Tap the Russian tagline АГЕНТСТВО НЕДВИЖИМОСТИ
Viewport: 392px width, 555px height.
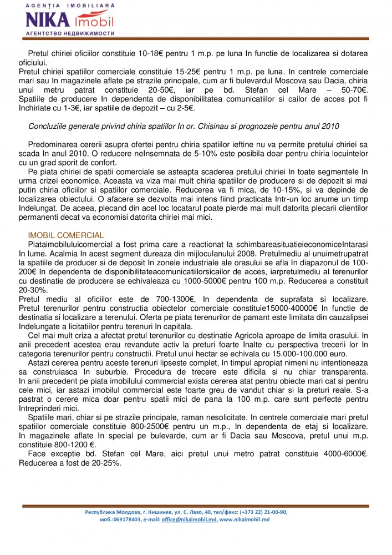tap(70, 33)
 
